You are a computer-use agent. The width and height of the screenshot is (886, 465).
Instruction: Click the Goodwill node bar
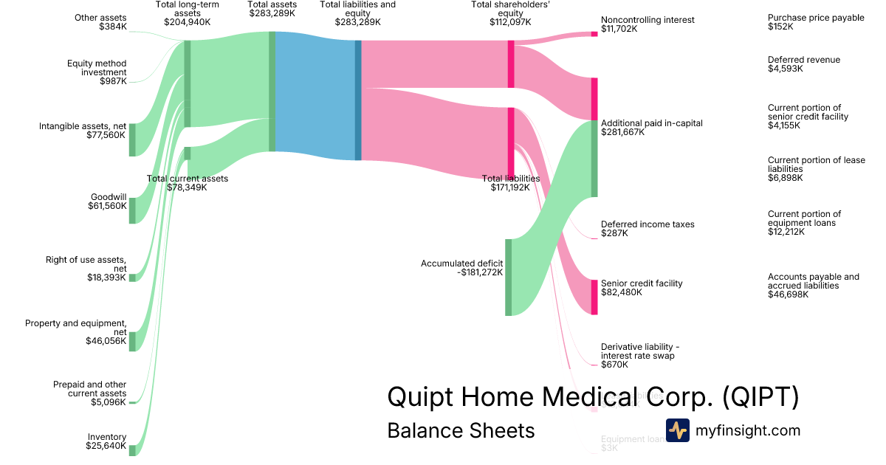[x=133, y=210]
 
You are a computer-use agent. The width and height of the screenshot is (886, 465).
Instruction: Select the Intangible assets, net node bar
[x=133, y=139]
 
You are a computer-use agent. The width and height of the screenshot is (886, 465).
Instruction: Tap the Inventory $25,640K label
[x=106, y=441]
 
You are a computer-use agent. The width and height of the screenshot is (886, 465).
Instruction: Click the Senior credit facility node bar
[x=594, y=297]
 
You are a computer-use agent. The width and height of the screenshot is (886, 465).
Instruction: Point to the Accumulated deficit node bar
[x=508, y=278]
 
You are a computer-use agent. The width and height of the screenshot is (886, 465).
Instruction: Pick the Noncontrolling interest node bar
[x=594, y=34]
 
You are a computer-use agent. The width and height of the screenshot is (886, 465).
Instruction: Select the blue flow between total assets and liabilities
[x=314, y=96]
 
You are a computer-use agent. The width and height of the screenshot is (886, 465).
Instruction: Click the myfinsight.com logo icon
[x=677, y=430]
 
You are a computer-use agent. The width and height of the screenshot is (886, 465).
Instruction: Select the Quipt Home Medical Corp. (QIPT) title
[x=593, y=397]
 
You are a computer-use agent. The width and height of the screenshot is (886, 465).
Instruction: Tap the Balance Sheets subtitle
[x=461, y=430]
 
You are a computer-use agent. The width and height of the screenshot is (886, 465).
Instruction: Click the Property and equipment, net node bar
[x=133, y=341]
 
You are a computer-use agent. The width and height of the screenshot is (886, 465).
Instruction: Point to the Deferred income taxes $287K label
[x=647, y=229]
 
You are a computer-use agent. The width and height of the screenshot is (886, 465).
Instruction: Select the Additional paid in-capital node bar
[x=594, y=159]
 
